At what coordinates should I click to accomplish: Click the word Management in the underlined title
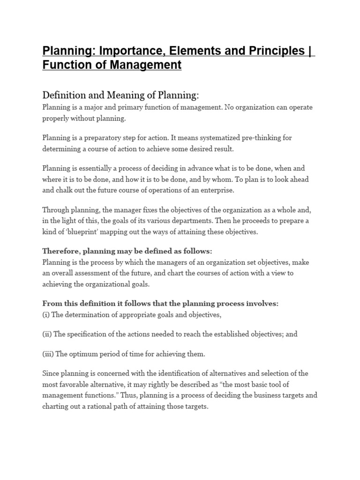pos(147,65)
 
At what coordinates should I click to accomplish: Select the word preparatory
pos(101,137)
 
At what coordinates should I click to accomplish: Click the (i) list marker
pos(46,315)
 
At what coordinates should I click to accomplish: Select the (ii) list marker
pos(47,334)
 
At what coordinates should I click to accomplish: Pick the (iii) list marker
pos(48,354)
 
